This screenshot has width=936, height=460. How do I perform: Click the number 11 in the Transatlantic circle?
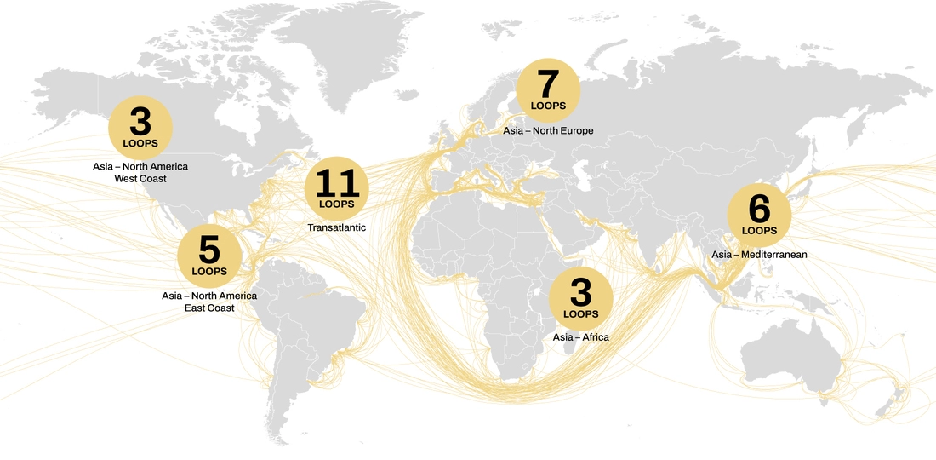pos(337,184)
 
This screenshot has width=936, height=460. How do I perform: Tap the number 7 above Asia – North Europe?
pos(548,85)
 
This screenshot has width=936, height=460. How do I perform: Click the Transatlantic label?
pos(336,228)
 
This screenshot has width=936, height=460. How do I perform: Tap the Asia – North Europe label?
pos(548,131)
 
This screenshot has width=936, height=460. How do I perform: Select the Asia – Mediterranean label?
pos(759,255)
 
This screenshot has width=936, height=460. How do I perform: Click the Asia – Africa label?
pos(580,337)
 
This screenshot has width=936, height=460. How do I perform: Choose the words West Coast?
pos(140,179)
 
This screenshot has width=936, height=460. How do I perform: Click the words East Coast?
pos(209,308)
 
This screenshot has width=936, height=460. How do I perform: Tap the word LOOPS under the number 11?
pos(337,204)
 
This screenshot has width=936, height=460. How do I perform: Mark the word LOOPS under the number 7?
pos(548,106)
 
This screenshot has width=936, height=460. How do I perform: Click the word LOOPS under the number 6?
pos(759,230)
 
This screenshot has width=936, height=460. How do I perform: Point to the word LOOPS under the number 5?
pos(209,272)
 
